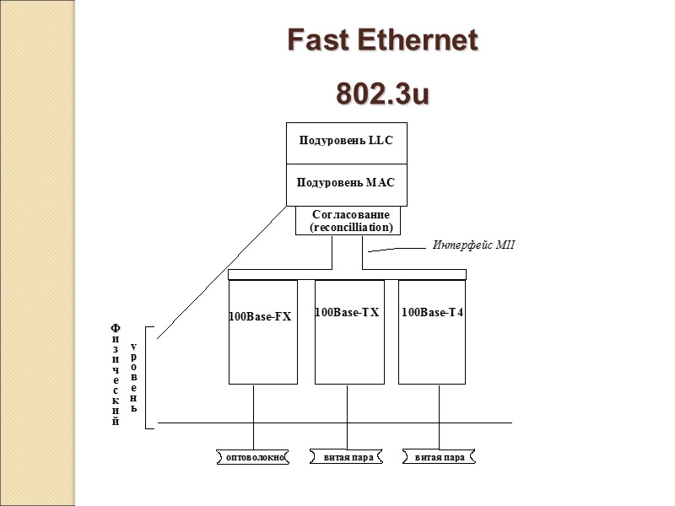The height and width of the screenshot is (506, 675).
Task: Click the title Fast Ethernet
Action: [382, 40]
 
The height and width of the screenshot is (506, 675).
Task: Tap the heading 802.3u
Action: [382, 94]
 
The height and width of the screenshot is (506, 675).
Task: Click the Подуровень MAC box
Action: [346, 184]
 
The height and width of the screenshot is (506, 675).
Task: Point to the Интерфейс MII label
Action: [472, 245]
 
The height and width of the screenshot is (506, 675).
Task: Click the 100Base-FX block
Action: [262, 331]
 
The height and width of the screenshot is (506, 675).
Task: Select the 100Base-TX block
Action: [348, 331]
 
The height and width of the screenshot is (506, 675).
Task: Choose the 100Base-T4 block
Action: [432, 331]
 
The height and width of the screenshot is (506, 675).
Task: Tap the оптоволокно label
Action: [253, 457]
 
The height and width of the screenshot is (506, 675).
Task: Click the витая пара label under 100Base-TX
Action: [347, 457]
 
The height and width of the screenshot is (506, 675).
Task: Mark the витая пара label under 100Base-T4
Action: [440, 457]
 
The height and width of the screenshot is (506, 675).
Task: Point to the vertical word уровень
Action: [133, 372]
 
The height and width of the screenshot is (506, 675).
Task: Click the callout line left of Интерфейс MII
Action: [397, 249]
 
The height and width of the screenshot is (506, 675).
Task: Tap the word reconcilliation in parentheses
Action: [351, 228]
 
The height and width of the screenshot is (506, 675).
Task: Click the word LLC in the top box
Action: [381, 140]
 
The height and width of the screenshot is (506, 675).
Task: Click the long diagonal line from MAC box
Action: [221, 272]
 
